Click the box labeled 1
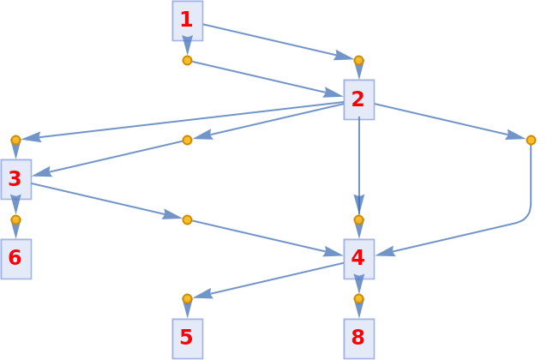click(x=187, y=20)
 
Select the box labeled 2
click(x=358, y=99)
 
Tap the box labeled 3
click(x=15, y=179)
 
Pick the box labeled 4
click(x=358, y=258)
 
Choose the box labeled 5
click(x=187, y=338)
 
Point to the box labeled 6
click(x=15, y=258)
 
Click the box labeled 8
click(x=358, y=338)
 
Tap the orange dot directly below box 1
click(x=187, y=60)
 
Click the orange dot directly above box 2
click(x=358, y=60)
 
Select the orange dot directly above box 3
click(x=15, y=140)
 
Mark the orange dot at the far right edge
click(x=531, y=140)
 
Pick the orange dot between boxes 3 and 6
click(x=15, y=219)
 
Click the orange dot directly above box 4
click(x=358, y=219)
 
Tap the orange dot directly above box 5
click(x=187, y=298)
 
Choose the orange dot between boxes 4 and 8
click(x=358, y=298)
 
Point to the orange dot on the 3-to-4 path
click(x=187, y=219)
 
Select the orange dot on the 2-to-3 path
click(x=187, y=140)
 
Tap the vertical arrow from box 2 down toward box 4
click(x=358, y=163)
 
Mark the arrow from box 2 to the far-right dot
click(x=446, y=120)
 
